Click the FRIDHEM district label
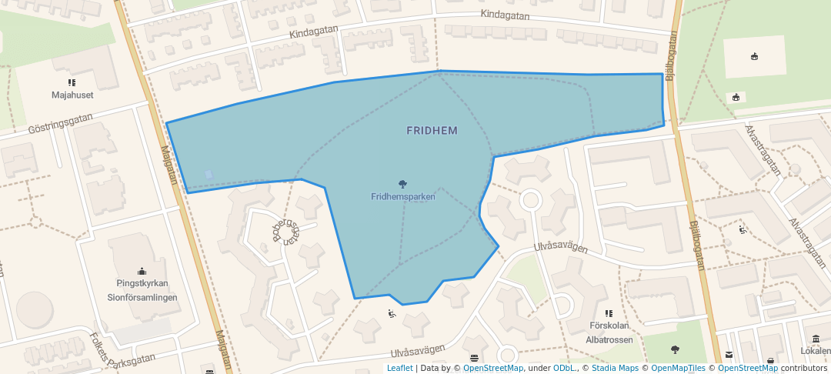point(432,131)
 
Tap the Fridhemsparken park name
point(403,197)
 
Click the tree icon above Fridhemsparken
point(402,184)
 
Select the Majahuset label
point(72,95)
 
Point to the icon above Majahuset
point(72,82)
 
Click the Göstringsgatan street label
point(60,123)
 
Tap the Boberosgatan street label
point(285,224)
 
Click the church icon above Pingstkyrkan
point(142,271)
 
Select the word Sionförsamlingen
point(142,297)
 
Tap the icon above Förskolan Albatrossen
point(609,314)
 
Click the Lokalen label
point(815,351)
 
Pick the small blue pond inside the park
point(209,175)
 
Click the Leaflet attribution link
point(399,368)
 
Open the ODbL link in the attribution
point(565,368)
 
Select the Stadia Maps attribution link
point(615,368)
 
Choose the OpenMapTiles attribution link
point(678,368)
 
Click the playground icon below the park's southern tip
point(392,313)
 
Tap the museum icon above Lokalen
point(816,339)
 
